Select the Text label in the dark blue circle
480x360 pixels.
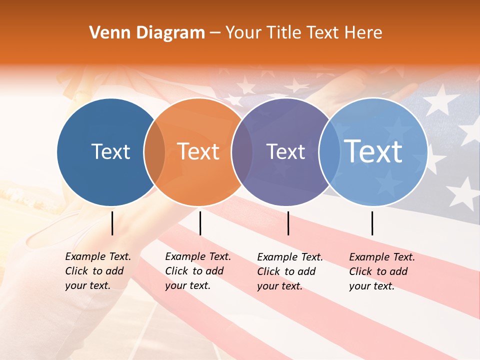[x=110, y=151]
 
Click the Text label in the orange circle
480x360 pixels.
[x=198, y=151]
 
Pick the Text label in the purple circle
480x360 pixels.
[x=285, y=151]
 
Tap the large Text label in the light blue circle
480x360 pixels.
[x=373, y=151]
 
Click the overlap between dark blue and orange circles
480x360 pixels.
[x=154, y=151]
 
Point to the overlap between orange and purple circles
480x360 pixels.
[x=242, y=151]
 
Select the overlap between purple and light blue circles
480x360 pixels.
[x=328, y=151]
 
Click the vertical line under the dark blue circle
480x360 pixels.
[x=112, y=223]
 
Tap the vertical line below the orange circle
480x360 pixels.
[x=200, y=223]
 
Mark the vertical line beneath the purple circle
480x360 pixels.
[x=288, y=223]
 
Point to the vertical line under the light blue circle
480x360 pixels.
[x=372, y=223]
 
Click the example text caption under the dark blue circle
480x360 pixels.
[x=97, y=271]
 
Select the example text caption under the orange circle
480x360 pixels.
[x=197, y=271]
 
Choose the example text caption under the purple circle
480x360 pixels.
[x=289, y=271]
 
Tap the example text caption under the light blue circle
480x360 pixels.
[x=381, y=271]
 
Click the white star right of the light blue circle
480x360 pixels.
[x=462, y=192]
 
